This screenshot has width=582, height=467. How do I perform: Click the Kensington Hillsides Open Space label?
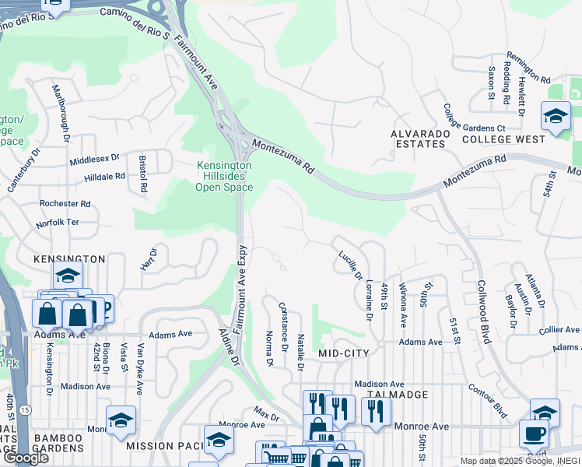pyautogui.click(x=223, y=176)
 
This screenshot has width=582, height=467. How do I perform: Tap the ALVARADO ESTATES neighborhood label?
pyautogui.click(x=420, y=139)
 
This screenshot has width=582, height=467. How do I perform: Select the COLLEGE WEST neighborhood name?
pyautogui.click(x=503, y=139)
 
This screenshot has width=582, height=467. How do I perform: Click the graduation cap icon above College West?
pyautogui.click(x=556, y=118)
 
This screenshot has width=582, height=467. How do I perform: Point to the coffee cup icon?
pyautogui.click(x=533, y=433)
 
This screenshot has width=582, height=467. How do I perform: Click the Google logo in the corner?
pyautogui.click(x=26, y=458)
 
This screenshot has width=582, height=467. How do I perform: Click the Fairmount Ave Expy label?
pyautogui.click(x=242, y=296)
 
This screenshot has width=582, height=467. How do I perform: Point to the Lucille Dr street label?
pyautogui.click(x=350, y=265)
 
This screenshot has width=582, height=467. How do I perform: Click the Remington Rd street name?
pyautogui.click(x=528, y=68)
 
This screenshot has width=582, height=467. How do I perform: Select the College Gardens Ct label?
pyautogui.click(x=474, y=118)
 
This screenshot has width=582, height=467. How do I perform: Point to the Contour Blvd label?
pyautogui.click(x=488, y=398)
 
